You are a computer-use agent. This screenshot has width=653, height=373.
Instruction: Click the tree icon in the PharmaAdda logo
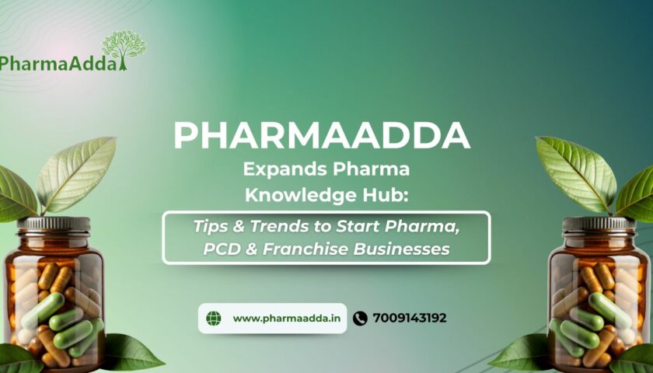[124, 49]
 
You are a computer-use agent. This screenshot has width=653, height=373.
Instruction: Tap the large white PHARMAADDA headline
[322, 135]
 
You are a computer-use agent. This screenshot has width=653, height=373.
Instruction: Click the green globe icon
[214, 319]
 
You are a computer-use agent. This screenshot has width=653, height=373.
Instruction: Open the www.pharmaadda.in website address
[287, 319]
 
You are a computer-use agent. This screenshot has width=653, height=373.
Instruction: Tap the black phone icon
[360, 319]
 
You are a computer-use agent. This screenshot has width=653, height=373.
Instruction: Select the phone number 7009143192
[410, 318]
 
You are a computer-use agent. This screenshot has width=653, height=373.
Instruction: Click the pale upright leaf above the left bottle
[76, 174]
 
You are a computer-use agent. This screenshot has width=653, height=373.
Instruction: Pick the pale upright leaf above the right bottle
[577, 174]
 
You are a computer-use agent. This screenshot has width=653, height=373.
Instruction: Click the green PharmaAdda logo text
[58, 64]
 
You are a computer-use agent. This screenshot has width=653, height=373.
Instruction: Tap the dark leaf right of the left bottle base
[132, 352]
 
